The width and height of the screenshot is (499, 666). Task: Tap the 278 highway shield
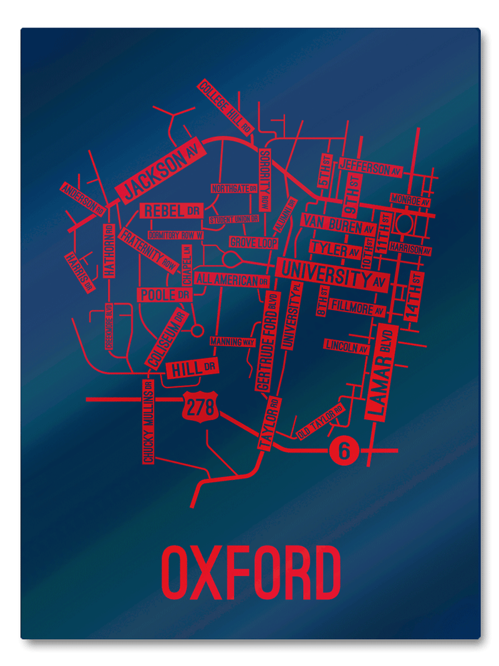pyautogui.click(x=200, y=407)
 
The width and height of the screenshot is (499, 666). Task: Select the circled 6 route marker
pyautogui.click(x=342, y=449)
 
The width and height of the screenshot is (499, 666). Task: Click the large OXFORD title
pyautogui.click(x=251, y=572)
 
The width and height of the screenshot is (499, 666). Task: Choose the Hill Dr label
pyautogui.click(x=192, y=369)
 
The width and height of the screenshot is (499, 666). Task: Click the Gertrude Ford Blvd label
pyautogui.click(x=266, y=341)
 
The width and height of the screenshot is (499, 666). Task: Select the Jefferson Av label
pyautogui.click(x=371, y=168)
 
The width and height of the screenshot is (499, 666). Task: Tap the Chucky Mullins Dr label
pyautogui.click(x=148, y=421)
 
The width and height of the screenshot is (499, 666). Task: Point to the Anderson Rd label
pyautogui.click(x=82, y=198)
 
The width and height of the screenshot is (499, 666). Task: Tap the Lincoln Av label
pyautogui.click(x=346, y=346)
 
